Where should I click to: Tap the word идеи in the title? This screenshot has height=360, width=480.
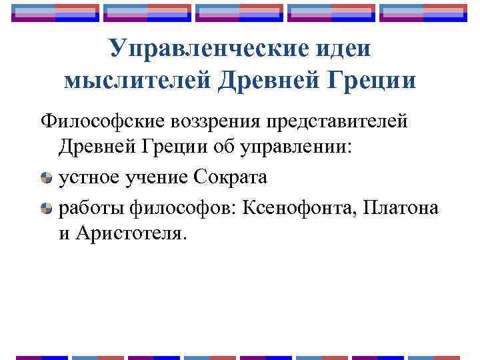point(338,48)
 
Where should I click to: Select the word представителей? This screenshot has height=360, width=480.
point(339,122)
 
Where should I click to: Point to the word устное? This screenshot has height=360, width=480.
point(90,178)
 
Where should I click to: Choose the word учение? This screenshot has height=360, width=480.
point(158,178)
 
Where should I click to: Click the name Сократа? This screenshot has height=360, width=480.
point(229,178)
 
